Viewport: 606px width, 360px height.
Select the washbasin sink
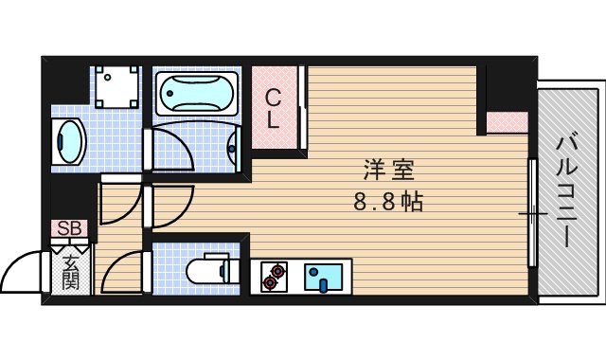68,142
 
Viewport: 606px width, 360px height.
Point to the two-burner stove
275,275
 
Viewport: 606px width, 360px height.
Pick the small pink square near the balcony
507,122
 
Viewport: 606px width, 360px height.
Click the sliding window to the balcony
533,213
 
